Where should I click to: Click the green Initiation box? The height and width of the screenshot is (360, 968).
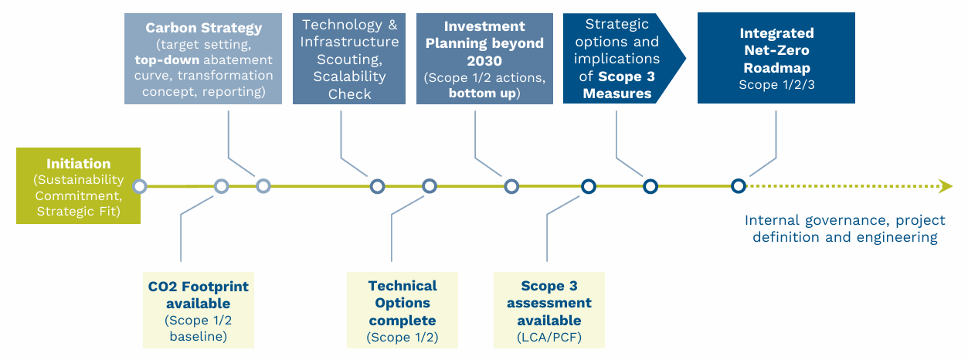pyautogui.click(x=78, y=186)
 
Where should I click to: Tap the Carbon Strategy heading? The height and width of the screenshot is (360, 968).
pyautogui.click(x=204, y=28)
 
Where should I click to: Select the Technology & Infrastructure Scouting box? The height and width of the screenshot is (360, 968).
pyautogui.click(x=349, y=59)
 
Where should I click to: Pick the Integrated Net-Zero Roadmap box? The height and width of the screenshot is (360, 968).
pyautogui.click(x=776, y=59)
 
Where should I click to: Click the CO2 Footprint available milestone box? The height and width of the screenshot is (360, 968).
pyautogui.click(x=198, y=310)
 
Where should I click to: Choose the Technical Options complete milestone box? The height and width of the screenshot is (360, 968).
pyautogui.click(x=402, y=310)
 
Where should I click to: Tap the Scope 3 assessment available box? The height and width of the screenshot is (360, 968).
pyautogui.click(x=549, y=310)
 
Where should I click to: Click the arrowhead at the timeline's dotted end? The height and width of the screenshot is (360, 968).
pyautogui.click(x=946, y=186)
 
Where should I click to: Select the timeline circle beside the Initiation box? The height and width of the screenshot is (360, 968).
pyautogui.click(x=140, y=186)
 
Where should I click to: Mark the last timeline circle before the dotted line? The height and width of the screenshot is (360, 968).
pyautogui.click(x=739, y=186)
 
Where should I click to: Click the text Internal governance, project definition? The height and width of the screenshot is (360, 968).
pyautogui.click(x=841, y=229)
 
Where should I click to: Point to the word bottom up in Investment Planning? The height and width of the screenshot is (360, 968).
pyautogui.click(x=484, y=93)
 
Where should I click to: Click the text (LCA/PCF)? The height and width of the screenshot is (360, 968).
pyautogui.click(x=549, y=337)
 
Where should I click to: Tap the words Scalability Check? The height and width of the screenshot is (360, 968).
pyautogui.click(x=349, y=85)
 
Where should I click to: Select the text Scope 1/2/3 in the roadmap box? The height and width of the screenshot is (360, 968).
pyautogui.click(x=776, y=84)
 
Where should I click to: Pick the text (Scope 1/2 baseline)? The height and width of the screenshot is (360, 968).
pyautogui.click(x=198, y=328)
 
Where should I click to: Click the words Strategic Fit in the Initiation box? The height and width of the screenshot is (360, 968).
pyautogui.click(x=78, y=211)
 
